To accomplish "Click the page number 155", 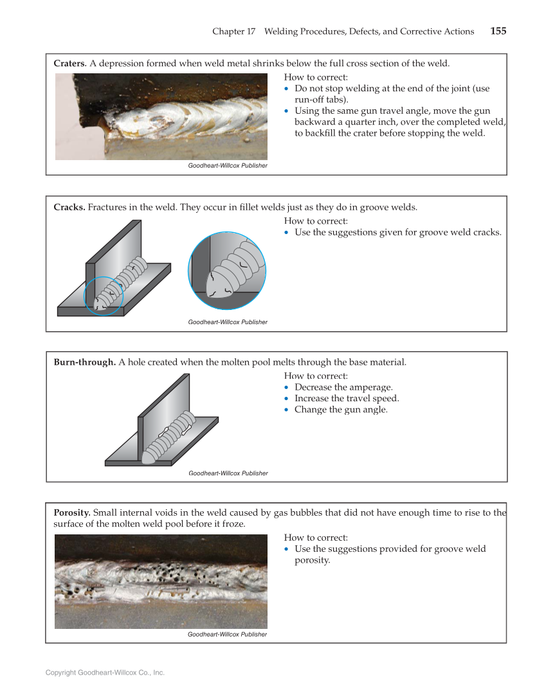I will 498,31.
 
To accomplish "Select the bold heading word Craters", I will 69,63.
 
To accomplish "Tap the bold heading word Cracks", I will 69,207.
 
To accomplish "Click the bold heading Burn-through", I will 84,362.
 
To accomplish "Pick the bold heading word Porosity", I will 72,513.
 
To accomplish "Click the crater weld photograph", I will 161,116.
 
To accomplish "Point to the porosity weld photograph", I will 161,581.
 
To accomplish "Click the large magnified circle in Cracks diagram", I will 226,271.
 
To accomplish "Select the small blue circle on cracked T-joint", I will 104,296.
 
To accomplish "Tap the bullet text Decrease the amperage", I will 343,387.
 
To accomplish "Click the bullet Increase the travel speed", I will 347,398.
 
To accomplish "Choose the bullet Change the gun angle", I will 341,410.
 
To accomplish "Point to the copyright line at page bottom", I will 105,673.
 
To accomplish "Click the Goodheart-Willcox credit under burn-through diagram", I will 228,473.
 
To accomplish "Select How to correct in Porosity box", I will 315,538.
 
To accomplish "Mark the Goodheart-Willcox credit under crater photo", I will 227,165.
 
